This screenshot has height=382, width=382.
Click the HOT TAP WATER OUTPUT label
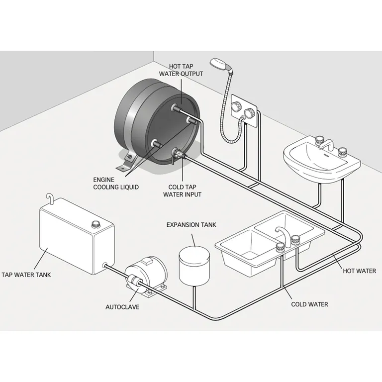tap(182, 70)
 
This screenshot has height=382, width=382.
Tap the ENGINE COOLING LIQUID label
tap(115, 183)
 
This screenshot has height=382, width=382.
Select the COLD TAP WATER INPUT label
tap(183, 191)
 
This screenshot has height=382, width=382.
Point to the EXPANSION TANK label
tap(191, 225)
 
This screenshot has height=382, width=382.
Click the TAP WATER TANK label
tap(26, 274)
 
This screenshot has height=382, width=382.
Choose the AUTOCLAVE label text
tap(122, 307)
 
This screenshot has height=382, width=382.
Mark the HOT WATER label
tap(359, 271)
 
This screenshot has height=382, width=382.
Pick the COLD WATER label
tap(309, 304)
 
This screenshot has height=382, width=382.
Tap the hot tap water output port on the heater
tap(176, 107)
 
